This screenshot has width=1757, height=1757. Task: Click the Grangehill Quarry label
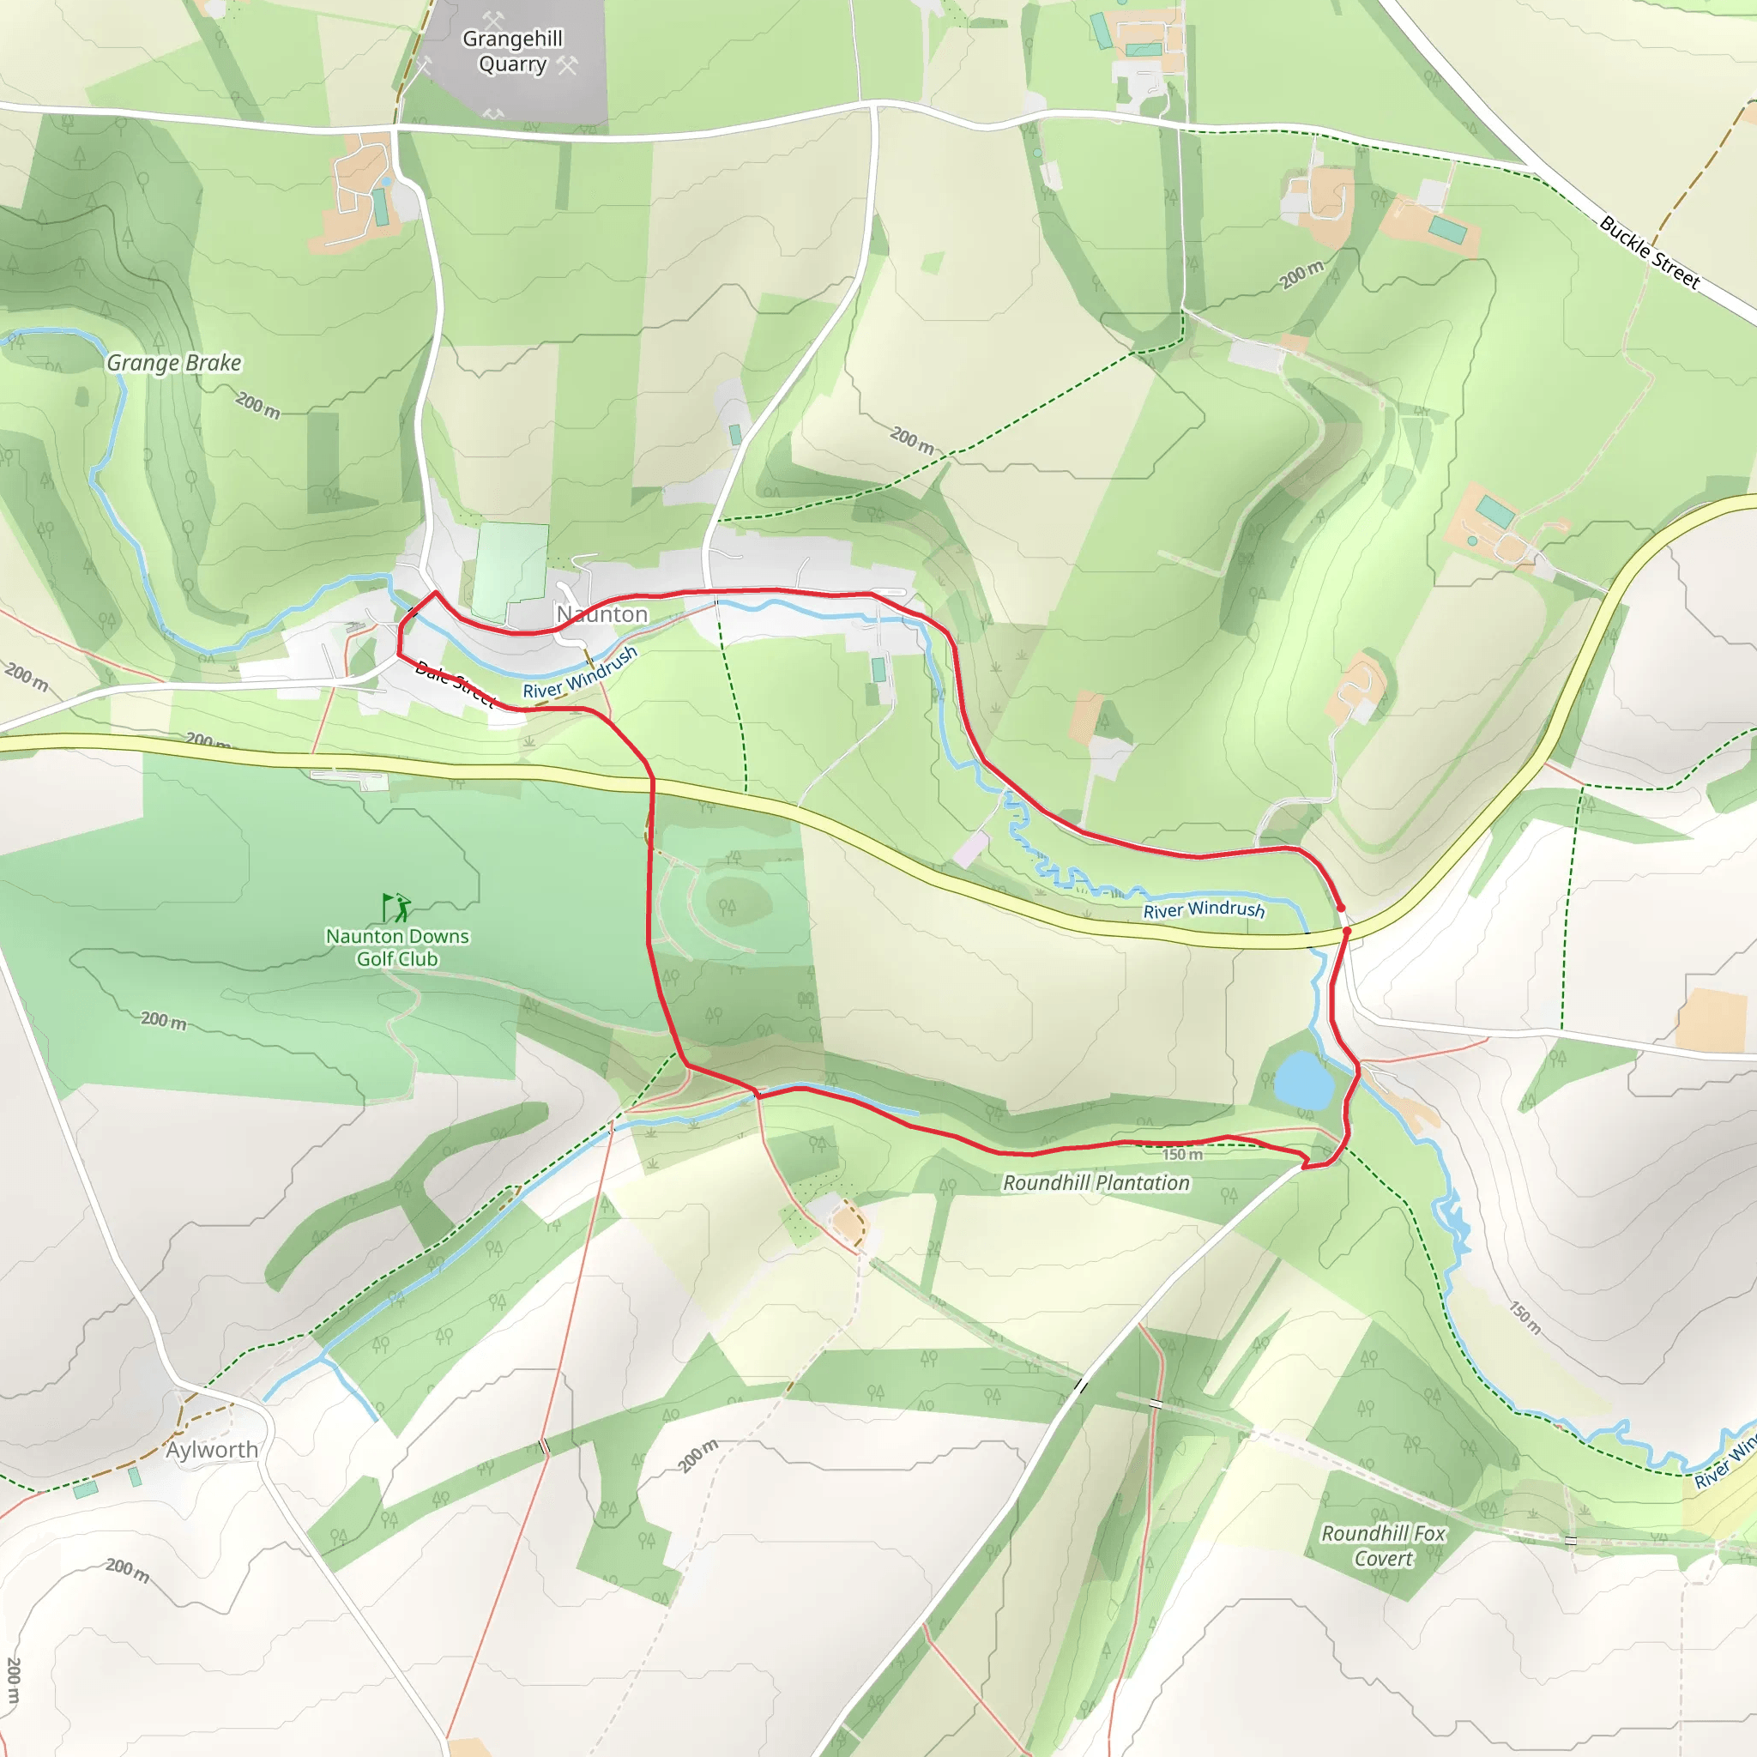click(512, 51)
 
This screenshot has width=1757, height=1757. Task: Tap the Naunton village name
click(602, 615)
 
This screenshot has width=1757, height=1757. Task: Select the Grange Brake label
click(173, 363)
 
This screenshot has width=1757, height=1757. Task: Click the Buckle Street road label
click(1649, 252)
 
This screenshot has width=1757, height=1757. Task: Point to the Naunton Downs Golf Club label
click(397, 947)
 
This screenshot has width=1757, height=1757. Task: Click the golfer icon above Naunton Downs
click(396, 907)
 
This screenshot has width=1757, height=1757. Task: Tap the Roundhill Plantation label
click(1096, 1182)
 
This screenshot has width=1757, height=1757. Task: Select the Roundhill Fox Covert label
click(1382, 1546)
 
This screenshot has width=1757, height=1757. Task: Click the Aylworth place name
click(212, 1450)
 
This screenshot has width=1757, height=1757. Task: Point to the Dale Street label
click(454, 684)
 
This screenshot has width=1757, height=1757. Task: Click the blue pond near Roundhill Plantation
click(1303, 1079)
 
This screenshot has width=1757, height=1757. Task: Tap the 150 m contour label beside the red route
click(1182, 1154)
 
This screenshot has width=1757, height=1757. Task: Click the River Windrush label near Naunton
click(579, 673)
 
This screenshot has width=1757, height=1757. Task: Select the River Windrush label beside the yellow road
click(1203, 909)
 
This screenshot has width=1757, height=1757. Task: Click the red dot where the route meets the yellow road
click(1346, 931)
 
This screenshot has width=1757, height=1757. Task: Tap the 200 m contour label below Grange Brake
click(258, 405)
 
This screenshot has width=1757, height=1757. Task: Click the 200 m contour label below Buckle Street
click(1301, 274)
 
